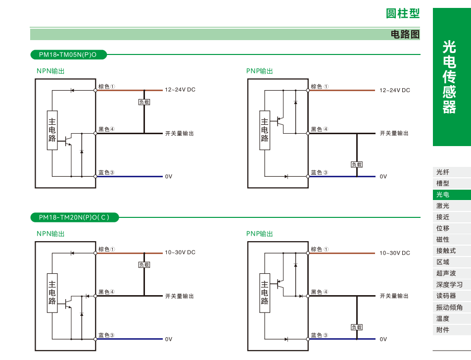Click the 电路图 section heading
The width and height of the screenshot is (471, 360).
(405, 34)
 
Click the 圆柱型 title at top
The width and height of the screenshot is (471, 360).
(402, 13)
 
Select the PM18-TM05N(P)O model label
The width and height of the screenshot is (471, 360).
(68, 54)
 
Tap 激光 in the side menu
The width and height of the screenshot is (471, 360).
(443, 206)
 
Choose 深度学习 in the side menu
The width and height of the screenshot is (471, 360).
(449, 285)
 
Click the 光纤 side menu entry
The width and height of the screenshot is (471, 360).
(443, 172)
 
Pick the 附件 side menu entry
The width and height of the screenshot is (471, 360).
(443, 330)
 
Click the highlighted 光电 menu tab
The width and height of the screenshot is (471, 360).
(443, 195)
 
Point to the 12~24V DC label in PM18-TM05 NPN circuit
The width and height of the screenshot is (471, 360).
(180, 90)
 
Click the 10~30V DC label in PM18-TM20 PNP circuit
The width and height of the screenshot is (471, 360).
(395, 253)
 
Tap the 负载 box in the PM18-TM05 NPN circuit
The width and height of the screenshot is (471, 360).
(144, 102)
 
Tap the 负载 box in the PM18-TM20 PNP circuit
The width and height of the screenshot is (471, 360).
(357, 327)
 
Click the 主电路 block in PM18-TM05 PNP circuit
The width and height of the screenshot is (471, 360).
(265, 130)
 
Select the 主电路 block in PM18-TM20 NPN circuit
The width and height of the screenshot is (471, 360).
(52, 293)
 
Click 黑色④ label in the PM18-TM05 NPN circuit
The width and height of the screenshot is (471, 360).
(106, 129)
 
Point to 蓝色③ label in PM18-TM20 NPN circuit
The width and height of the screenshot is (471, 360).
(106, 335)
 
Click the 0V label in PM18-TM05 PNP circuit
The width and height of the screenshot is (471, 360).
(383, 176)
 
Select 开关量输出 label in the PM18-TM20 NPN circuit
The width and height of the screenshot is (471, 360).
(180, 296)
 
